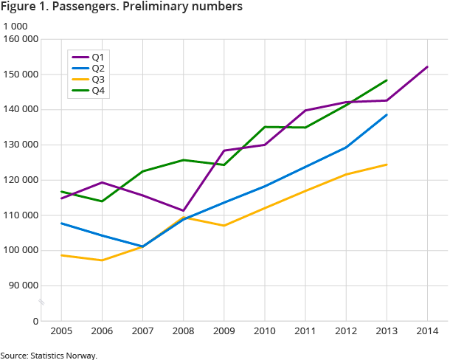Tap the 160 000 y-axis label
click(21, 39)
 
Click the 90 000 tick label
click(24, 285)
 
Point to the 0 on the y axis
click(35, 321)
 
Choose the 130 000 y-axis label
click(21, 145)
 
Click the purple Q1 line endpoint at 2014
click(427, 67)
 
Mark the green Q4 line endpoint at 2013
click(387, 80)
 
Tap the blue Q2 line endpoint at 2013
click(387, 114)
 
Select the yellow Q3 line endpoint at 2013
click(387, 165)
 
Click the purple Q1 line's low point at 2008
click(183, 211)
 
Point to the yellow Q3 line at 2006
click(102, 260)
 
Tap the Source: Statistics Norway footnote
click(49, 355)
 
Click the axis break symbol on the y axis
click(42, 302)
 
